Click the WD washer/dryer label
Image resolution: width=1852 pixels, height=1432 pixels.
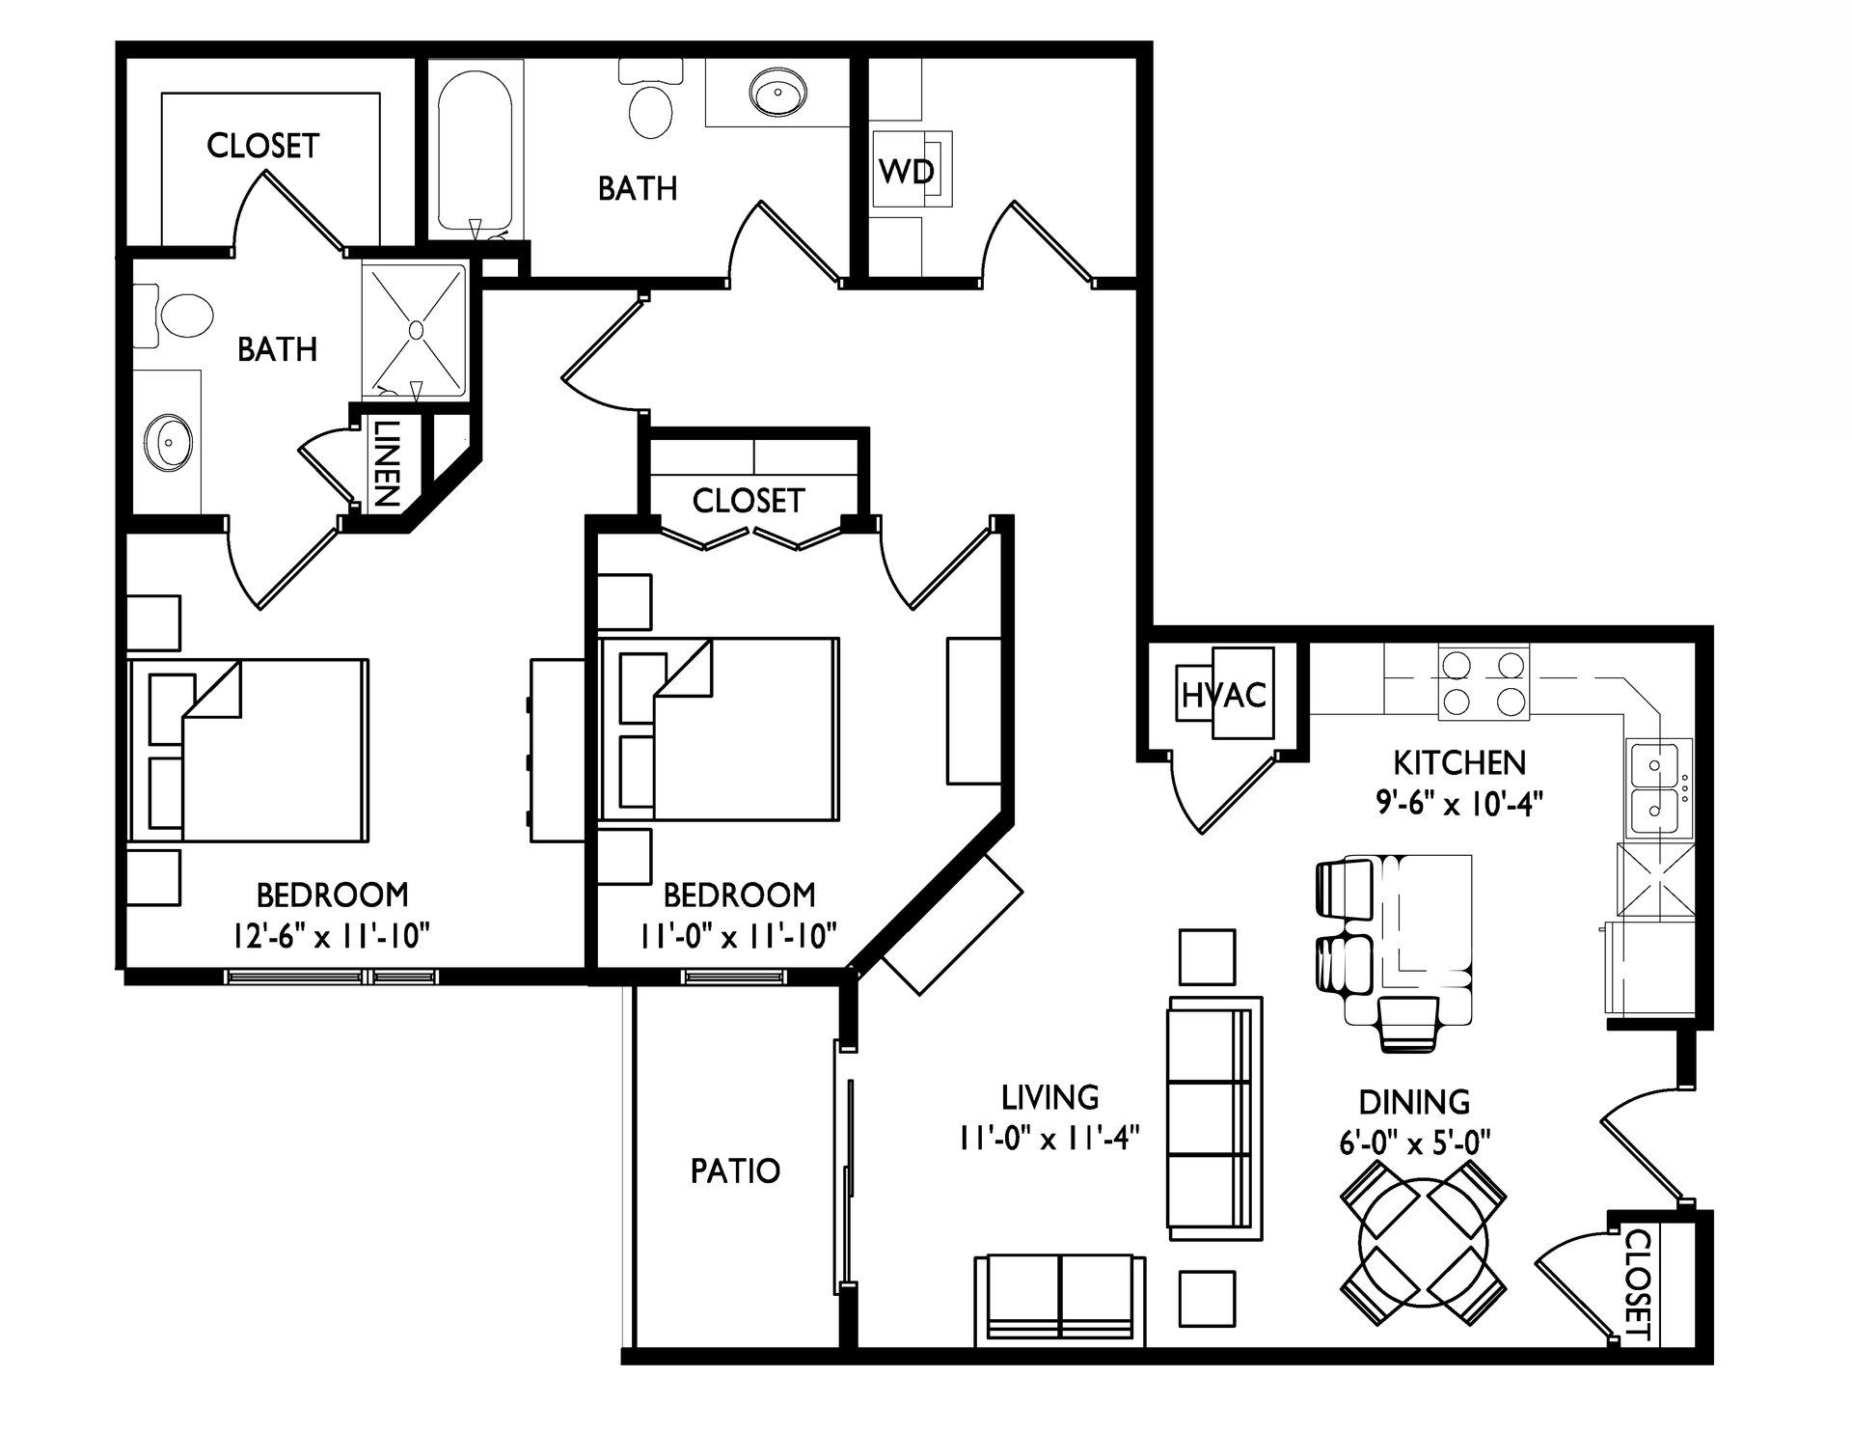[907, 171]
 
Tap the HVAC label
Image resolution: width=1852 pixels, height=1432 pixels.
[1223, 694]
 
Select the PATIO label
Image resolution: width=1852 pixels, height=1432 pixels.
[735, 1170]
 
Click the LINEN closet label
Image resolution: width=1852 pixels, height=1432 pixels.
[385, 464]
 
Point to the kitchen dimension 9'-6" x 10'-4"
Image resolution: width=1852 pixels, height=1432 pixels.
[1459, 803]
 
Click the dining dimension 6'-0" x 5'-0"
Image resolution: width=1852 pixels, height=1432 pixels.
[1414, 1143]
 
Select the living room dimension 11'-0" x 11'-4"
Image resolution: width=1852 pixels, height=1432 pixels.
[1049, 1138]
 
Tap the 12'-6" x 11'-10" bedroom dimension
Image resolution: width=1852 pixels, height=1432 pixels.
[331, 935]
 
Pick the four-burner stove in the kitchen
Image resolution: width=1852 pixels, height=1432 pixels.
[1484, 683]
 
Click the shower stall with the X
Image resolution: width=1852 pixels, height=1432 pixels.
[417, 331]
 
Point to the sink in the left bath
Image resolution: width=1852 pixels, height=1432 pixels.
[169, 443]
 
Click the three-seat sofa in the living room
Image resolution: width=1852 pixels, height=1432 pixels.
[1213, 1117]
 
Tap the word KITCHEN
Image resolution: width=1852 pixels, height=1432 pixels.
[1459, 762]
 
